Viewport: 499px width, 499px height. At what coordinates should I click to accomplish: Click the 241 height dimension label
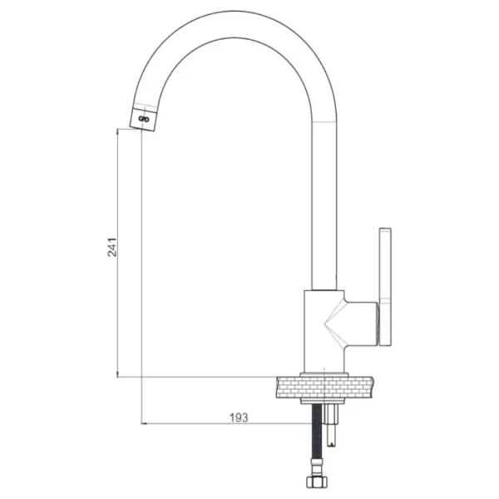click(x=111, y=247)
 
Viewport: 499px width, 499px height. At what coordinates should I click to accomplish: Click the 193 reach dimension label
click(x=239, y=417)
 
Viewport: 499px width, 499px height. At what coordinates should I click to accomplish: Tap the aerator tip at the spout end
click(x=144, y=119)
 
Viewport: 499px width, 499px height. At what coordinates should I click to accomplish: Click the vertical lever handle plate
click(x=385, y=286)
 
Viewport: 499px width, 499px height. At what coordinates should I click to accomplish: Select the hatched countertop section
click(x=324, y=387)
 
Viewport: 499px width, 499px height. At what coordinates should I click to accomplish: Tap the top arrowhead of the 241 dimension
click(x=117, y=131)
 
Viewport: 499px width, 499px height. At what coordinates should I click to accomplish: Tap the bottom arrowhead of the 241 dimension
click(x=117, y=374)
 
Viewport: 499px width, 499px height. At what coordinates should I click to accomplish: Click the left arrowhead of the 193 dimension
click(x=144, y=423)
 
